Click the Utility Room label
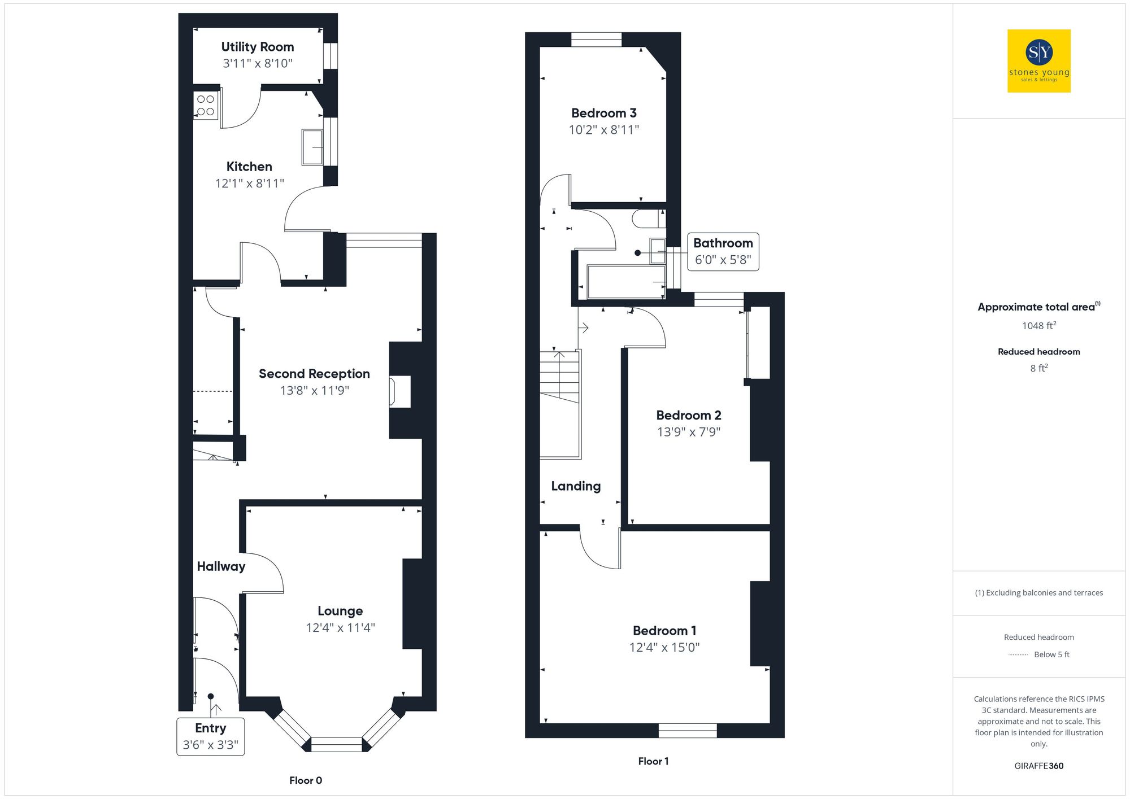[258, 47]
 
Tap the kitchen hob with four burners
[206, 106]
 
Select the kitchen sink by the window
[312, 147]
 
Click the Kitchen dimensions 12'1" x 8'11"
[249, 184]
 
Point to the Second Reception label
[314, 374]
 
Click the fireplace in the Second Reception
[399, 391]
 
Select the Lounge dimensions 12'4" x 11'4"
[340, 628]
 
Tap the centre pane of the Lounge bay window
[336, 744]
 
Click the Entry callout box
[210, 736]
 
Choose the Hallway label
[221, 566]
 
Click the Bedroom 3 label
[603, 113]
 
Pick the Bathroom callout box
[723, 251]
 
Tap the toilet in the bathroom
[647, 219]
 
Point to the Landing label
[576, 486]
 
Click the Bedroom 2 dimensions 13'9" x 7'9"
[688, 432]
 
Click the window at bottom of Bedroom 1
[688, 730]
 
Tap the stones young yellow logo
[1038, 61]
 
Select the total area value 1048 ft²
[1038, 326]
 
